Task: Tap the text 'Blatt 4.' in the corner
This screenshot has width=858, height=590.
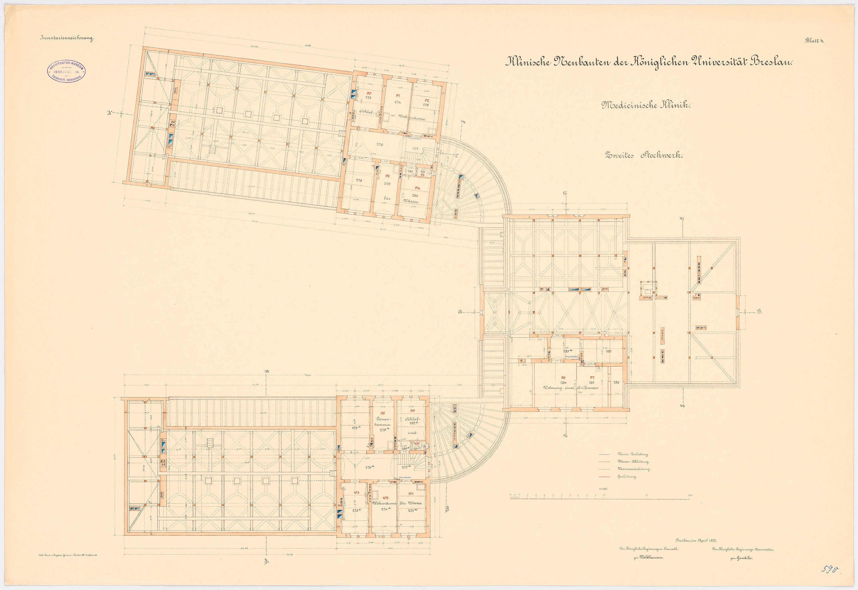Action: (x=814, y=51)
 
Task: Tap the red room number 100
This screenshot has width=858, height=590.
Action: (x=417, y=443)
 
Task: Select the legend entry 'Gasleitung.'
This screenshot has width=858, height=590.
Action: (x=627, y=477)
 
